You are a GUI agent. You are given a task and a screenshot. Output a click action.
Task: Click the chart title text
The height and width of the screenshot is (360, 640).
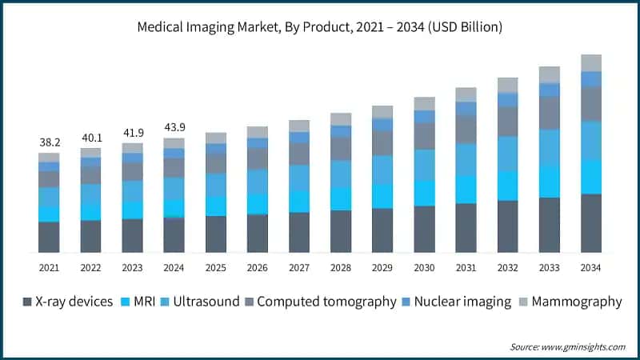coord(319,27)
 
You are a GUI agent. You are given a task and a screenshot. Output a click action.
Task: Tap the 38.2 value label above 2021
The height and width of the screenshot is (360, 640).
coord(49,142)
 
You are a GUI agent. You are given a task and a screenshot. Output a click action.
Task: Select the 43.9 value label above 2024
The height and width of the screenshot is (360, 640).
coord(174,127)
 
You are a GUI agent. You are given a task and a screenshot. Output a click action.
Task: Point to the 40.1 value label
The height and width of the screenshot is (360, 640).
coord(90,137)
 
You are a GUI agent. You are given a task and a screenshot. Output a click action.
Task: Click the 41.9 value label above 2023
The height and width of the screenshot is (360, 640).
coord(132,132)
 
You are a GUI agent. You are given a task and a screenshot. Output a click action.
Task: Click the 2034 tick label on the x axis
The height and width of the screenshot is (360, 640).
coord(590,267)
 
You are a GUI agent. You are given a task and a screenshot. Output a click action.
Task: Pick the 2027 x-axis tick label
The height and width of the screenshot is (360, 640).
coord(299,267)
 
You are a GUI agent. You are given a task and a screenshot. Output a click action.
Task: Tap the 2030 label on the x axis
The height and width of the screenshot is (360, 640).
coord(424,267)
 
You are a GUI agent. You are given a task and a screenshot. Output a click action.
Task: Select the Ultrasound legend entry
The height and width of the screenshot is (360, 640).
coord(201,302)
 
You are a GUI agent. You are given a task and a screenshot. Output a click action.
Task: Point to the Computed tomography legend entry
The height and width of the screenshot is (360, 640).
coord(320,302)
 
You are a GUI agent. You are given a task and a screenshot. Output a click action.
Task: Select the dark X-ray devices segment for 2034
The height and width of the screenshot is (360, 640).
coord(590,223)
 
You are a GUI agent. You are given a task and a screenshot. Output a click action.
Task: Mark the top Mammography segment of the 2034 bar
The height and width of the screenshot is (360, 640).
coord(590,62)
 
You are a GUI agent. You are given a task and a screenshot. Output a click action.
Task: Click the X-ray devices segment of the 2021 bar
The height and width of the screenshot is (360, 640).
coord(49,237)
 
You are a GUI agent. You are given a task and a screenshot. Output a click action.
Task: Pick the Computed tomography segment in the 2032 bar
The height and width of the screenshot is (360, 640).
coord(507,122)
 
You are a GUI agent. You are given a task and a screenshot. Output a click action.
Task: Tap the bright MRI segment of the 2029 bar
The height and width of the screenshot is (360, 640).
coord(382,196)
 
